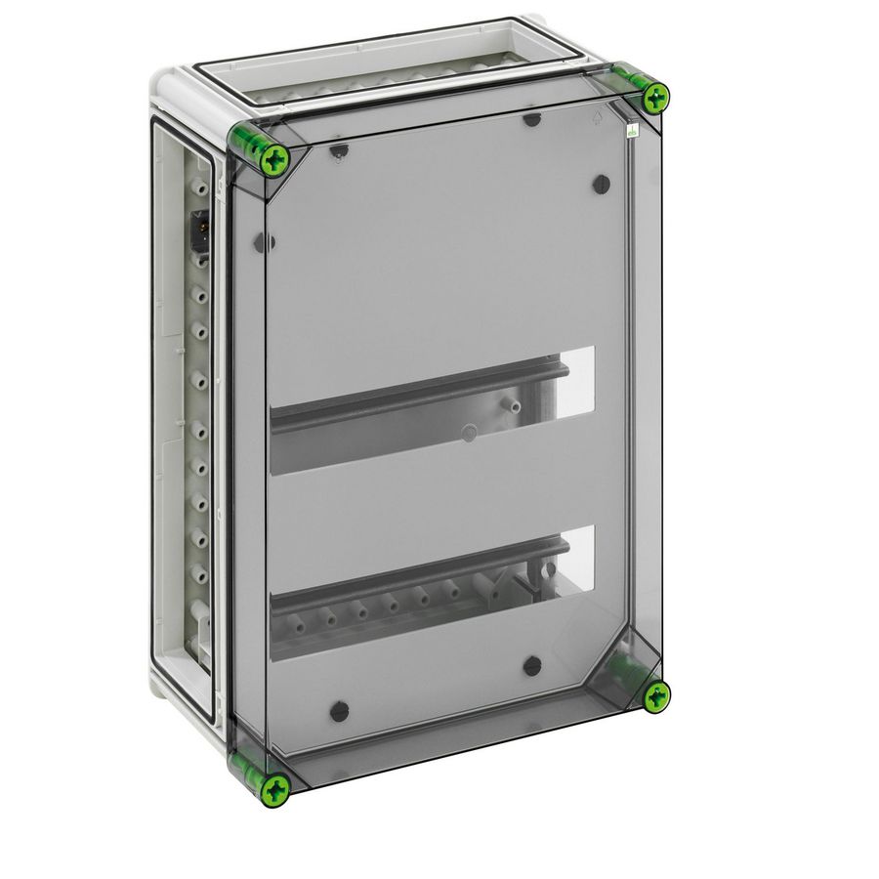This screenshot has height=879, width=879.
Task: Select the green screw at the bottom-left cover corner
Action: click(276, 788)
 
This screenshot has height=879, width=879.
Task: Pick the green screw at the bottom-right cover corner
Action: click(656, 695)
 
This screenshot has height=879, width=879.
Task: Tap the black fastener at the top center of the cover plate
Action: click(532, 120)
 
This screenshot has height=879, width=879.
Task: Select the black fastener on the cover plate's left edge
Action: click(262, 242)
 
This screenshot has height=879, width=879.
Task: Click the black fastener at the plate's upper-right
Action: click(602, 184)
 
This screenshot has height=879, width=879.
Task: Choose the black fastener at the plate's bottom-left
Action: click(339, 711)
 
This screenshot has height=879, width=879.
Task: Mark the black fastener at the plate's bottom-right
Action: click(532, 666)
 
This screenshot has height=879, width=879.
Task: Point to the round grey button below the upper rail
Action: click(470, 431)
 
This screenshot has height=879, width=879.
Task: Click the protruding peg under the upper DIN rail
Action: click(509, 402)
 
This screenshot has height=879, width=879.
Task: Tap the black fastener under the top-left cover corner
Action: click(338, 152)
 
